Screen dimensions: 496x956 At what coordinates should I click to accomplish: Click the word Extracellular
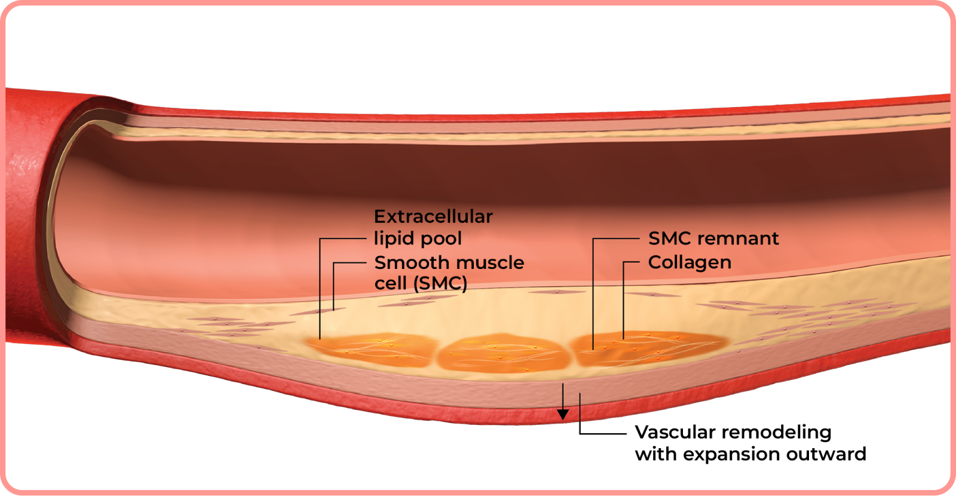[x=433, y=216]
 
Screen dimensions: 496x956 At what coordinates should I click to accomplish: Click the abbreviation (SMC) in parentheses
[x=440, y=283]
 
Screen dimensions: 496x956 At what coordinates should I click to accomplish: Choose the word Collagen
[x=690, y=262]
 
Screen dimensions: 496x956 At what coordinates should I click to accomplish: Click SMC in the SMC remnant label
[x=669, y=238]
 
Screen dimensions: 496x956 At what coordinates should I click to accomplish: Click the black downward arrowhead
[x=563, y=415]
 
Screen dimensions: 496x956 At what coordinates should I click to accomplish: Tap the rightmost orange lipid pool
[x=645, y=348]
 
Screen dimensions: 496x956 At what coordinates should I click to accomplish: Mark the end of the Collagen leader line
[x=624, y=339]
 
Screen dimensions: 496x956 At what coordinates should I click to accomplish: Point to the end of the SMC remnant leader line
[x=593, y=348]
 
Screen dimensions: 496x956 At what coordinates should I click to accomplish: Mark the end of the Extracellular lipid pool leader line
[x=320, y=339]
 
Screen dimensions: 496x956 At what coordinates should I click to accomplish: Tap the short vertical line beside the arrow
[x=580, y=408]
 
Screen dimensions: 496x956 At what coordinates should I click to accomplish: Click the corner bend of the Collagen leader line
[x=624, y=262]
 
